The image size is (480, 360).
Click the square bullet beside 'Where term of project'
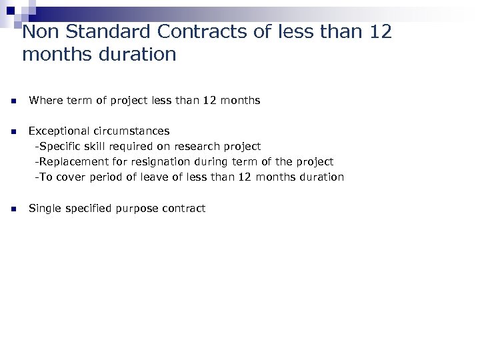pos(13,101)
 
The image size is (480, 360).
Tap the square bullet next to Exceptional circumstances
pos(13,131)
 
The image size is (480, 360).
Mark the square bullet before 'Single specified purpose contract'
pos(13,209)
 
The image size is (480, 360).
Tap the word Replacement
pos(69,161)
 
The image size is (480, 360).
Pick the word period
pos(103,177)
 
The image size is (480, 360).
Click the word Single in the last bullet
pos(44,209)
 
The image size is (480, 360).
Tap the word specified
pos(87,209)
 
